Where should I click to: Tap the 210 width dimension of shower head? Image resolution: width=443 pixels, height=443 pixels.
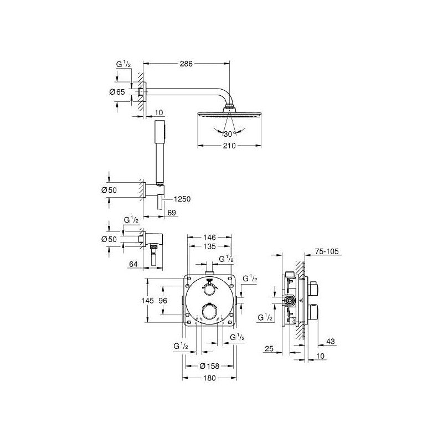click(x=229, y=146)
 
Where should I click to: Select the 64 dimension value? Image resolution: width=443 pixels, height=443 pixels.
click(x=133, y=265)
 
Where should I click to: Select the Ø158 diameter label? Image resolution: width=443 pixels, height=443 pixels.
click(x=209, y=365)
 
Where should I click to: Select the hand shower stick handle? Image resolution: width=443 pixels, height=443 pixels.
click(x=160, y=147)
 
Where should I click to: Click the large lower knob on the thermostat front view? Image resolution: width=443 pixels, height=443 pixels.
click(x=209, y=312)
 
